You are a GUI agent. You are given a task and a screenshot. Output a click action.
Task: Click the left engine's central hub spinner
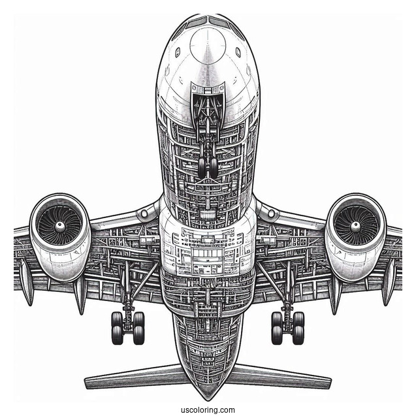[x=59, y=226]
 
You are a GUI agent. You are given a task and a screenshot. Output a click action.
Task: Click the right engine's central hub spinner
[x=355, y=226]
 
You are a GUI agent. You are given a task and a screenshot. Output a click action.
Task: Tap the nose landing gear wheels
[x=208, y=167]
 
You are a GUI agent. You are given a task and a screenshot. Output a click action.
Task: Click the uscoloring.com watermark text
[x=208, y=409]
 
